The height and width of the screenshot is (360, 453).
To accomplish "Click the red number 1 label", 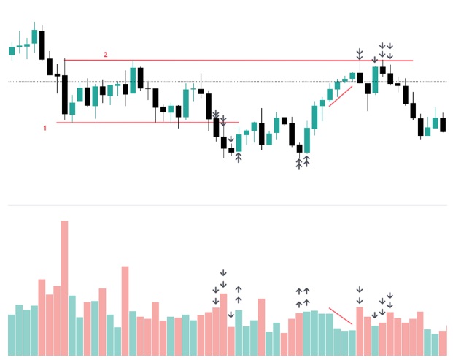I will [45, 128].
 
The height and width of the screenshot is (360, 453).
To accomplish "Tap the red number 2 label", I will [106, 55].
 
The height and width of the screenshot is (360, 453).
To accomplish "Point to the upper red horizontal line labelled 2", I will [219, 60].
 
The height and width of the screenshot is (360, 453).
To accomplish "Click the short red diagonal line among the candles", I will [341, 96].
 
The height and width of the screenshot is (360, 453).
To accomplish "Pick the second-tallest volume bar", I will [125, 310].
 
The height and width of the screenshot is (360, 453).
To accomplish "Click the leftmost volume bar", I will [12, 334].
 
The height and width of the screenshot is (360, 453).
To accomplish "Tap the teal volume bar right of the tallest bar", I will [72, 325].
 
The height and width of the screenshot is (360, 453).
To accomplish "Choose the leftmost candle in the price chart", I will [12, 50].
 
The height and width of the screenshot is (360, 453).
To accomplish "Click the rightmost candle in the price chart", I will [444, 124].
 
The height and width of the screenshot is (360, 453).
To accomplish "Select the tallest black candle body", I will [65, 95].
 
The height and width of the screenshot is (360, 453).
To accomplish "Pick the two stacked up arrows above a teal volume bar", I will [239, 295].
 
